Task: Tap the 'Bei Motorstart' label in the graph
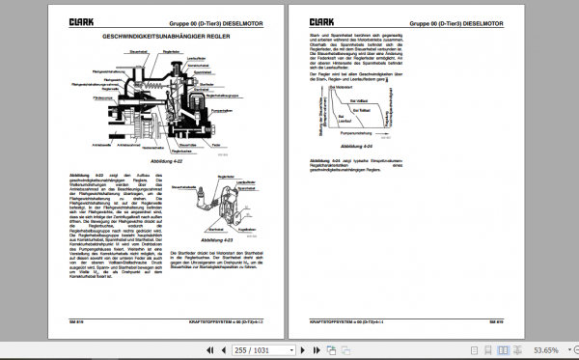[x=345, y=86]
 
